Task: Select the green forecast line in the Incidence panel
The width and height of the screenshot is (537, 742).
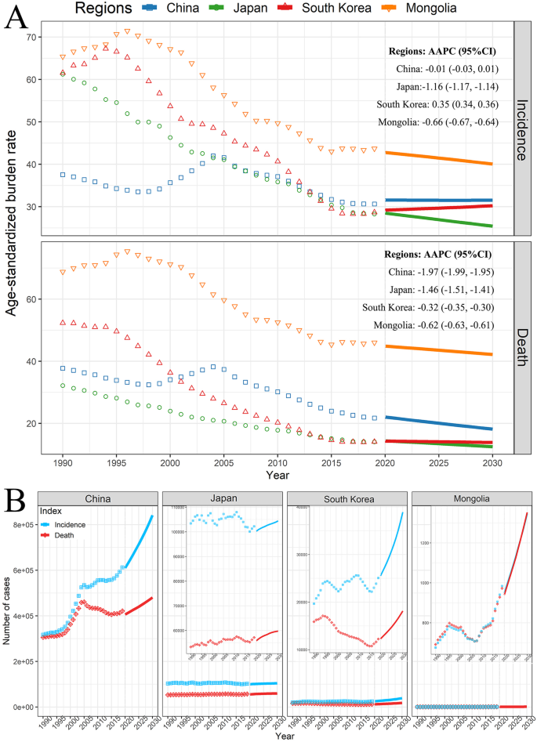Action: click(x=439, y=219)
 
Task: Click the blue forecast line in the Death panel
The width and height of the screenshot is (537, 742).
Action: click(x=439, y=423)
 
